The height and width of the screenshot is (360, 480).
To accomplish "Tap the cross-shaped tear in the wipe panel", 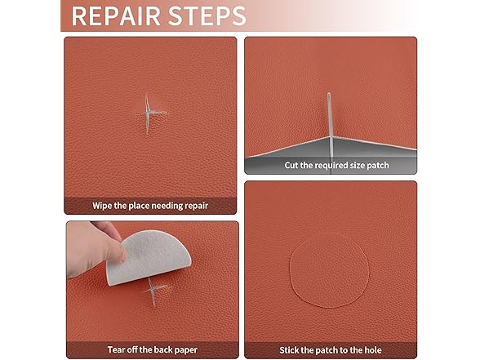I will [148, 112].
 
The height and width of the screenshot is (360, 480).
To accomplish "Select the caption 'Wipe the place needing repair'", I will [150, 206].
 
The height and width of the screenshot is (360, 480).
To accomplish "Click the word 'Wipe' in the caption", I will [104, 206].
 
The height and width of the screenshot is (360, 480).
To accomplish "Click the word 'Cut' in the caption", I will [292, 165].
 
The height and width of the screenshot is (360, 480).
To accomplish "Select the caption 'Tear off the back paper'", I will [150, 350].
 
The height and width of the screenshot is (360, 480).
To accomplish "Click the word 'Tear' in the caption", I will [117, 350].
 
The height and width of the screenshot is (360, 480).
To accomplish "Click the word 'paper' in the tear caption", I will [180, 350].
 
